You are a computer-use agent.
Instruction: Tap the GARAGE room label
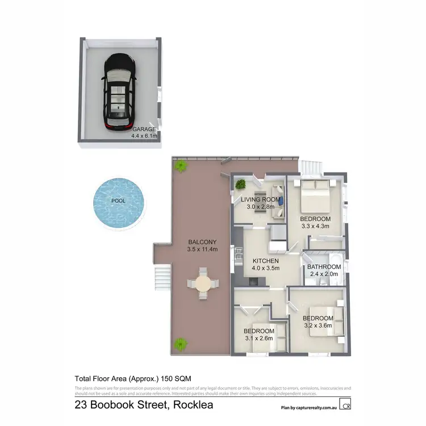click(x=144, y=130)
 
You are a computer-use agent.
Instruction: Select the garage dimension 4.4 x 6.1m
click(x=144, y=136)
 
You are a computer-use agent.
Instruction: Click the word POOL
click(x=118, y=201)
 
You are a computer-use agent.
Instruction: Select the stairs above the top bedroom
click(x=311, y=168)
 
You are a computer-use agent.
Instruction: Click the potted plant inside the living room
click(x=241, y=184)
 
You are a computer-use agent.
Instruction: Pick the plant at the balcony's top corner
click(x=181, y=166)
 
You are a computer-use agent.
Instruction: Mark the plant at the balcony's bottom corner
click(x=181, y=344)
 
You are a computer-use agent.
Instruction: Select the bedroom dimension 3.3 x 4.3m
click(x=315, y=226)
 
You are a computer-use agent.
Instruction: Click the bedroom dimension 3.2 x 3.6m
click(x=318, y=325)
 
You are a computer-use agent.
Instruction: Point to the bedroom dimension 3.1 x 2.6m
click(x=259, y=338)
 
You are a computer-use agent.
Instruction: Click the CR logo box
click(x=345, y=405)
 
